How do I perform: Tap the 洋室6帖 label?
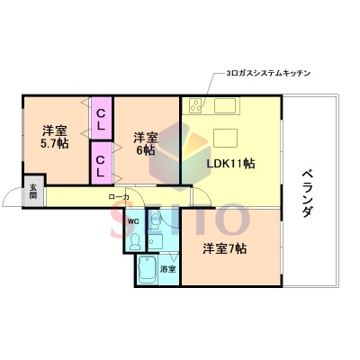[x=144, y=144]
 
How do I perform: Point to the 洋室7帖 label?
[x=224, y=248]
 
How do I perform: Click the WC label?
[x=131, y=221]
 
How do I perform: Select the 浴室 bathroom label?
[x=167, y=269]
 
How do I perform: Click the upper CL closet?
[x=102, y=119]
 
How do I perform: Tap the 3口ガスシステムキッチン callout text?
[x=268, y=74]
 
